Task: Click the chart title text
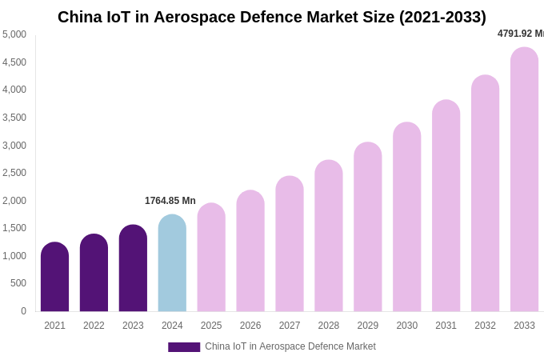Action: tap(271, 17)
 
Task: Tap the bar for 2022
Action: tap(94, 273)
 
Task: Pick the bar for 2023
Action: tap(133, 268)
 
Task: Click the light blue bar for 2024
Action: tap(172, 263)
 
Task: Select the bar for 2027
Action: tap(290, 244)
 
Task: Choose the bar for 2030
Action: tap(406, 217)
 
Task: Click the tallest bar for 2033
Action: tap(524, 179)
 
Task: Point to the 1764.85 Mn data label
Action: tap(170, 201)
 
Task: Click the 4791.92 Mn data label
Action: tap(520, 34)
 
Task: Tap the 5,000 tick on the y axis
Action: tap(14, 34)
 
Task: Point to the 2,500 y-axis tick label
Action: tap(14, 173)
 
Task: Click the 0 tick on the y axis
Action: tap(23, 311)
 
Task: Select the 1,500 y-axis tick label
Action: tap(14, 228)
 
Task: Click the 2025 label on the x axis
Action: tap(211, 326)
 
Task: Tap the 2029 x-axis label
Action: tap(368, 326)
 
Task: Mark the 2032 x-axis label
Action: tap(485, 326)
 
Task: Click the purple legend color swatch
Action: tap(184, 347)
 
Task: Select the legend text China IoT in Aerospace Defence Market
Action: tap(290, 346)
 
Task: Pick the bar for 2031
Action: tap(446, 206)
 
